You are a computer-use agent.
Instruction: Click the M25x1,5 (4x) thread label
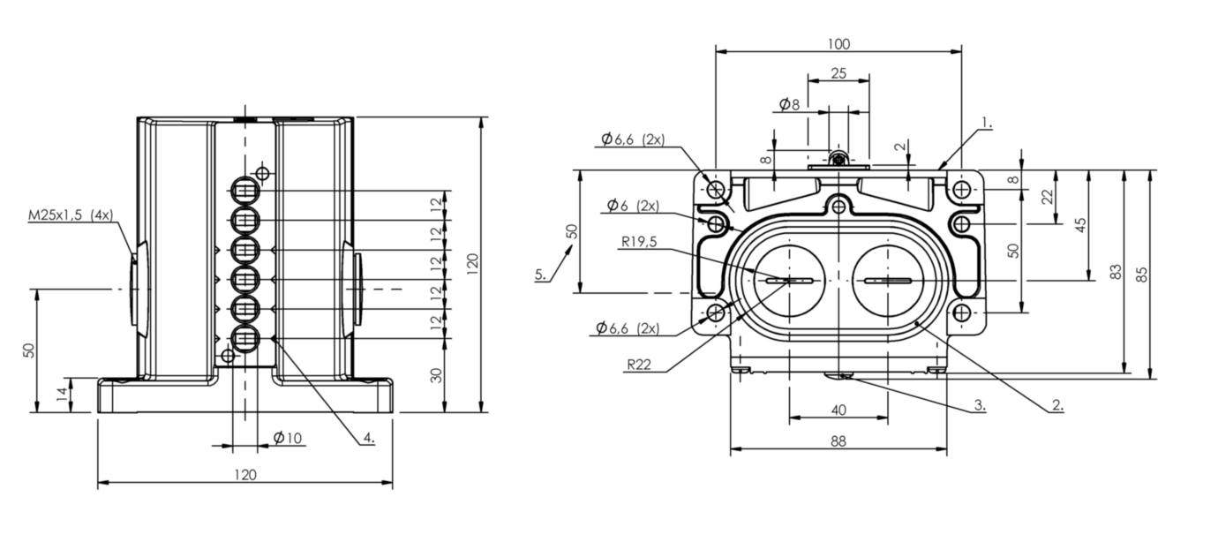pos(71,215)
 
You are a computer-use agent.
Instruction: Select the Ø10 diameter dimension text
pos(288,438)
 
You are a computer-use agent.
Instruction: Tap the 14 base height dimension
pos(63,395)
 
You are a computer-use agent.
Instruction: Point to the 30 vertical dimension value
pos(436,375)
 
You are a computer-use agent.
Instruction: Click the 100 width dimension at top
pos(838,44)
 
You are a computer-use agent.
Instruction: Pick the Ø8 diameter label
pos(790,104)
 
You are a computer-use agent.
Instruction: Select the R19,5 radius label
pos(639,242)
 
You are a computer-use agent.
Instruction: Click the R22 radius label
pos(639,365)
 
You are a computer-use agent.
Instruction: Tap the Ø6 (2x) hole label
pos(633,206)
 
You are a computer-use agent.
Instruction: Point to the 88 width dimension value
pos(838,441)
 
